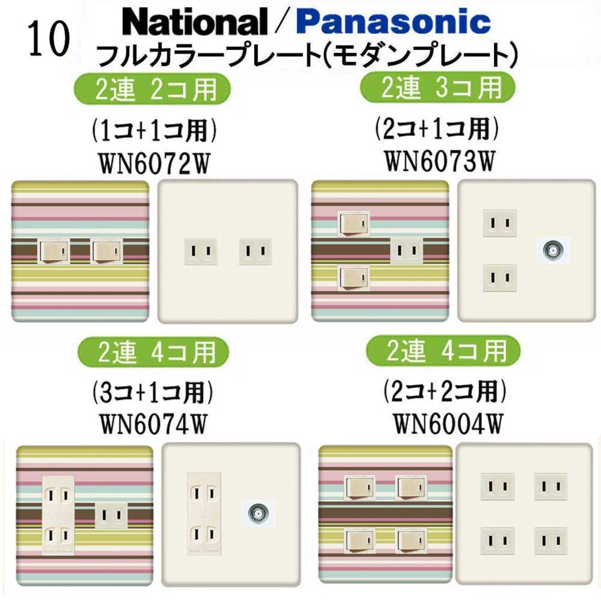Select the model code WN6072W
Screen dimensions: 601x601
(154, 164)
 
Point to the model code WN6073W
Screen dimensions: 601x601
(440, 161)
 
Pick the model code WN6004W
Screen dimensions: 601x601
(448, 423)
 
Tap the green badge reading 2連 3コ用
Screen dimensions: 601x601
(438, 88)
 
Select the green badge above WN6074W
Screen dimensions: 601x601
(153, 352)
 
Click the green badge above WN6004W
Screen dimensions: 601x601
(443, 351)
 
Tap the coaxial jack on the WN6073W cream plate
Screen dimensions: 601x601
(552, 250)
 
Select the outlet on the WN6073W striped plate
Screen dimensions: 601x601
(407, 251)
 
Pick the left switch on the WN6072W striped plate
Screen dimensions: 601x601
(54, 251)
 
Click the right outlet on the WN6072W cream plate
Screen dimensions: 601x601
(255, 251)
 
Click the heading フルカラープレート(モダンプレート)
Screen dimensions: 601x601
(308, 55)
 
